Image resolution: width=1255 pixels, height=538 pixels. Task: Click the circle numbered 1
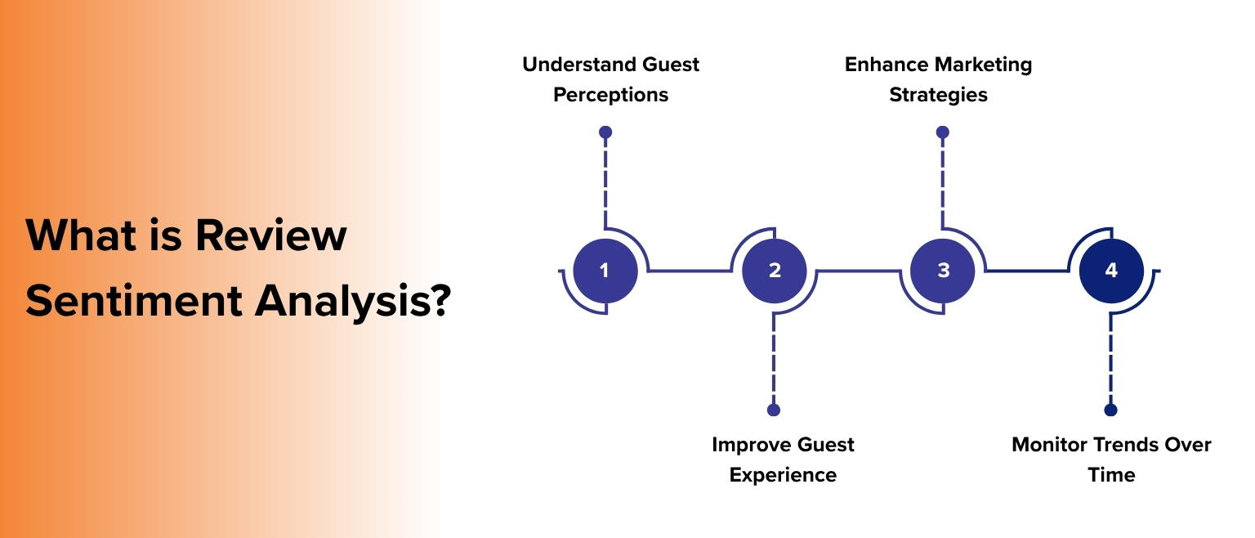click(605, 270)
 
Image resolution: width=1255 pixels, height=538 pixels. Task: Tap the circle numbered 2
click(774, 270)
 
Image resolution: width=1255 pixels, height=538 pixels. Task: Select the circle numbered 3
click(943, 270)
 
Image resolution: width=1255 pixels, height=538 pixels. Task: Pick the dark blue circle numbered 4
click(1111, 270)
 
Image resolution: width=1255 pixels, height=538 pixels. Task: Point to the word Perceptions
click(610, 95)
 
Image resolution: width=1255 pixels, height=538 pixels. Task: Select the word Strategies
click(938, 95)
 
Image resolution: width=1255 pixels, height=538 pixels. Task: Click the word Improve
click(748, 445)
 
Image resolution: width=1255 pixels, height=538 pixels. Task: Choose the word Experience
click(783, 475)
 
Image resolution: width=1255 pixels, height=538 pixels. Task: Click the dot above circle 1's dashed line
click(605, 132)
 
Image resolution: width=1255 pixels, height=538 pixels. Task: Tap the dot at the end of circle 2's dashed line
click(774, 410)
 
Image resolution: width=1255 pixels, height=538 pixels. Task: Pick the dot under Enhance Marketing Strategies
click(942, 132)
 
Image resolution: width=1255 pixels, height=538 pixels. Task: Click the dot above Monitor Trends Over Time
click(1110, 410)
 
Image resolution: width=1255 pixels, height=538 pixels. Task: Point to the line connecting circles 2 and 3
click(858, 271)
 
